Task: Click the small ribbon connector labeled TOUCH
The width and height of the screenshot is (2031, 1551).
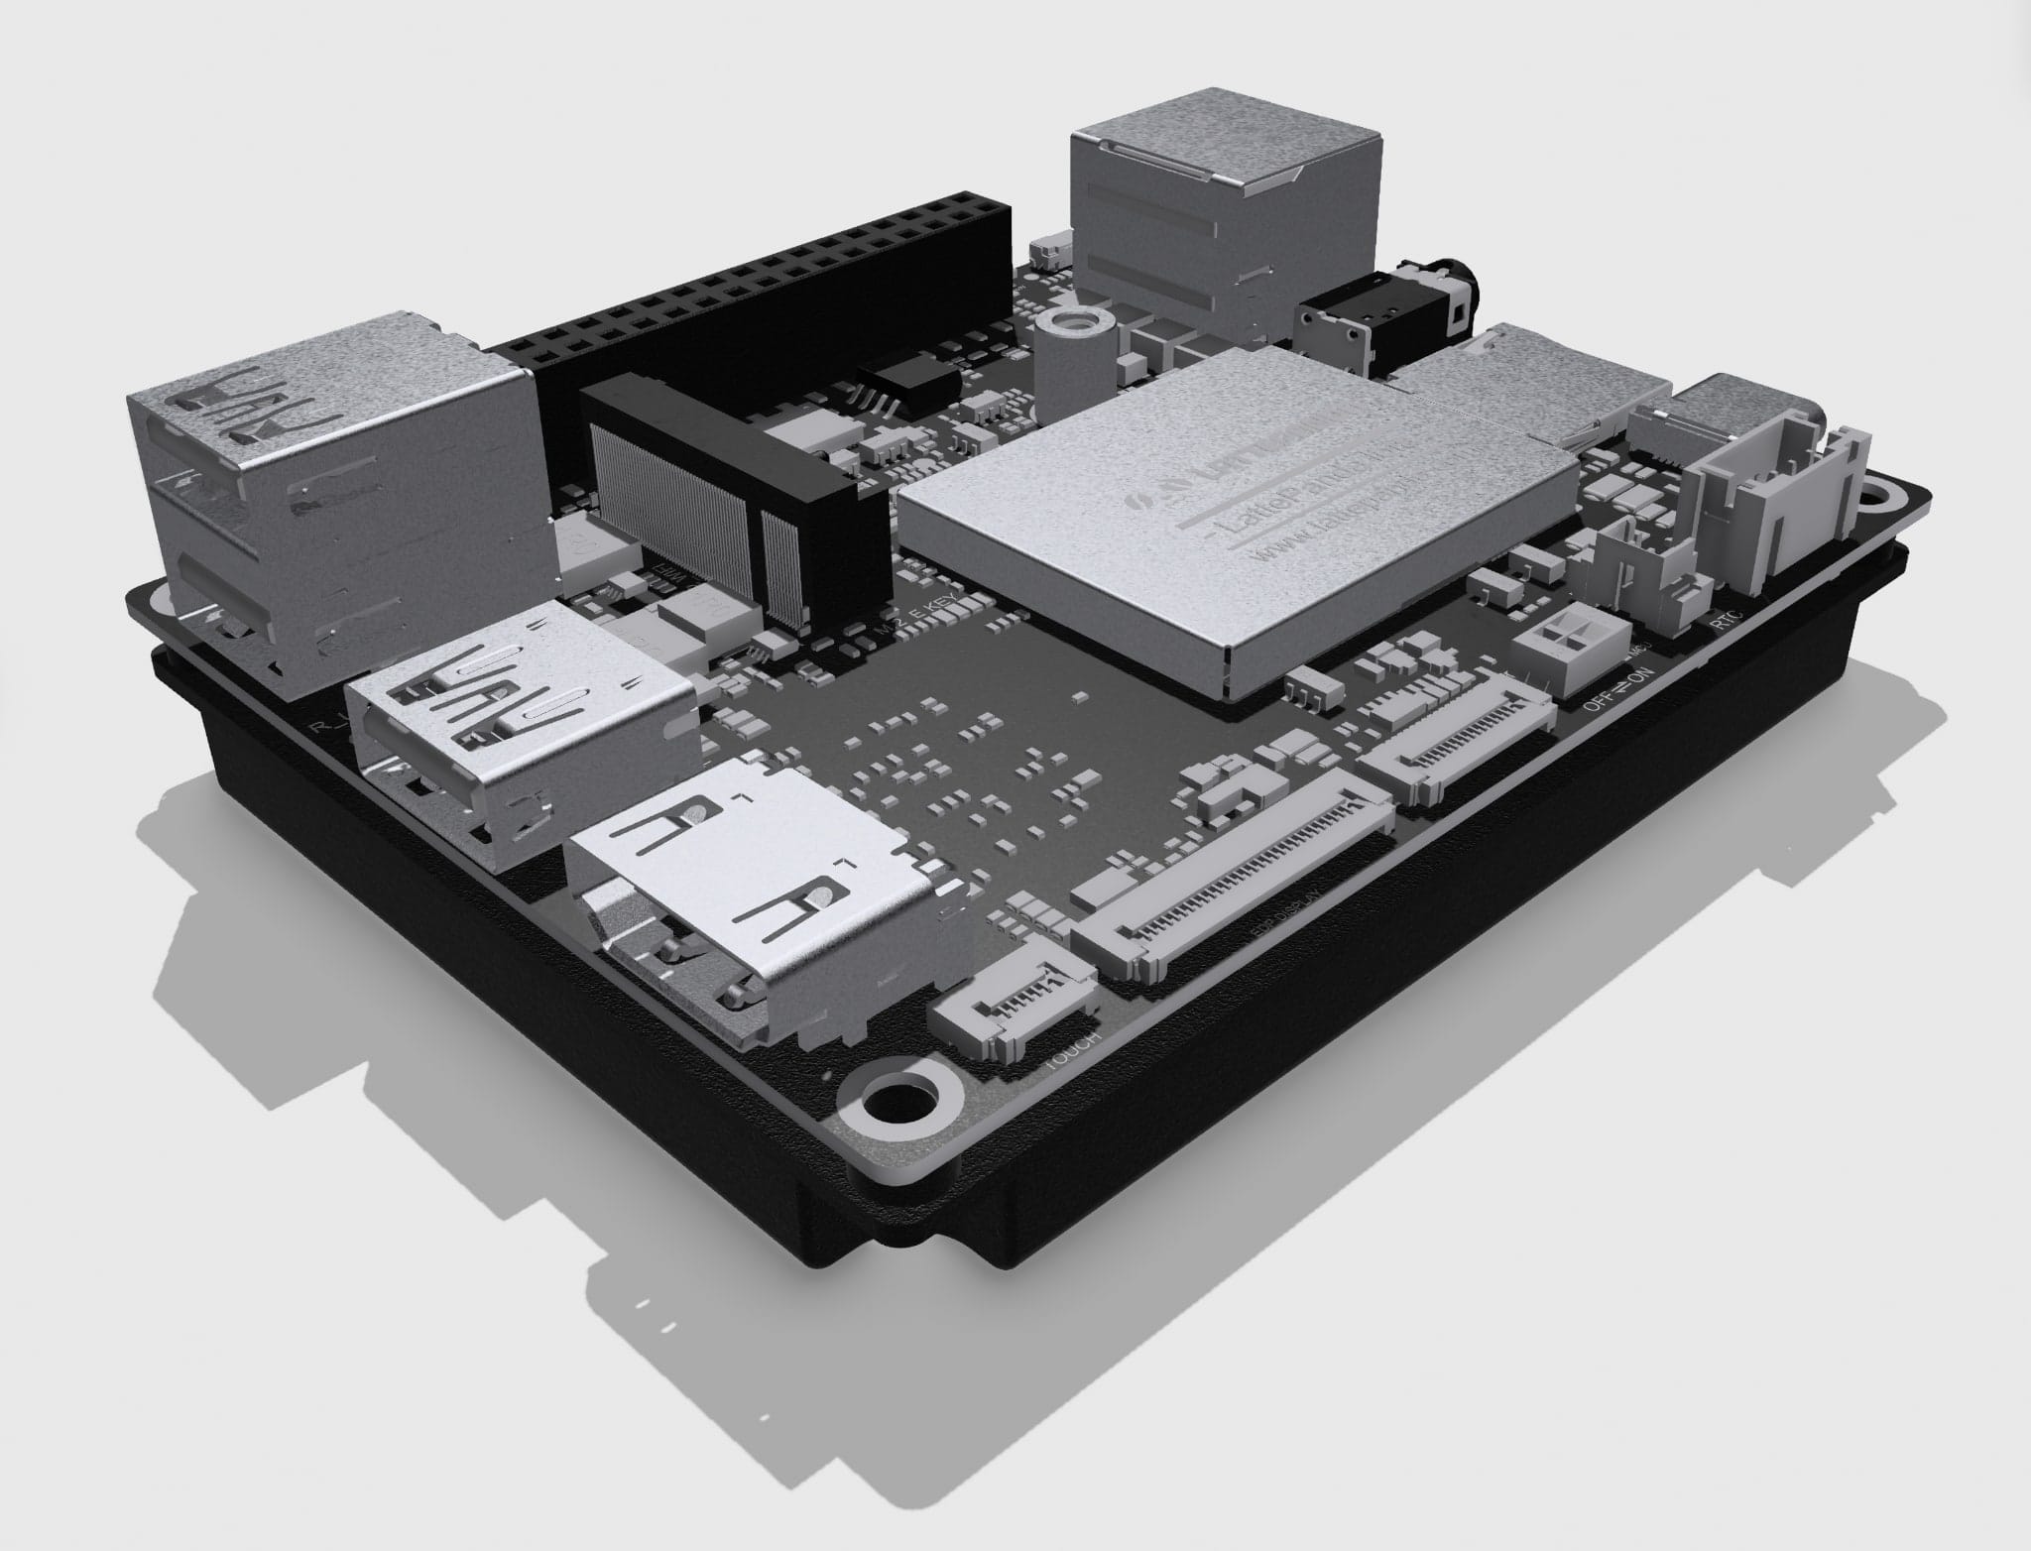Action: (x=1012, y=1012)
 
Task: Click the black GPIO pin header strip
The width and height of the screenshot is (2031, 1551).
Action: (x=754, y=278)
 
